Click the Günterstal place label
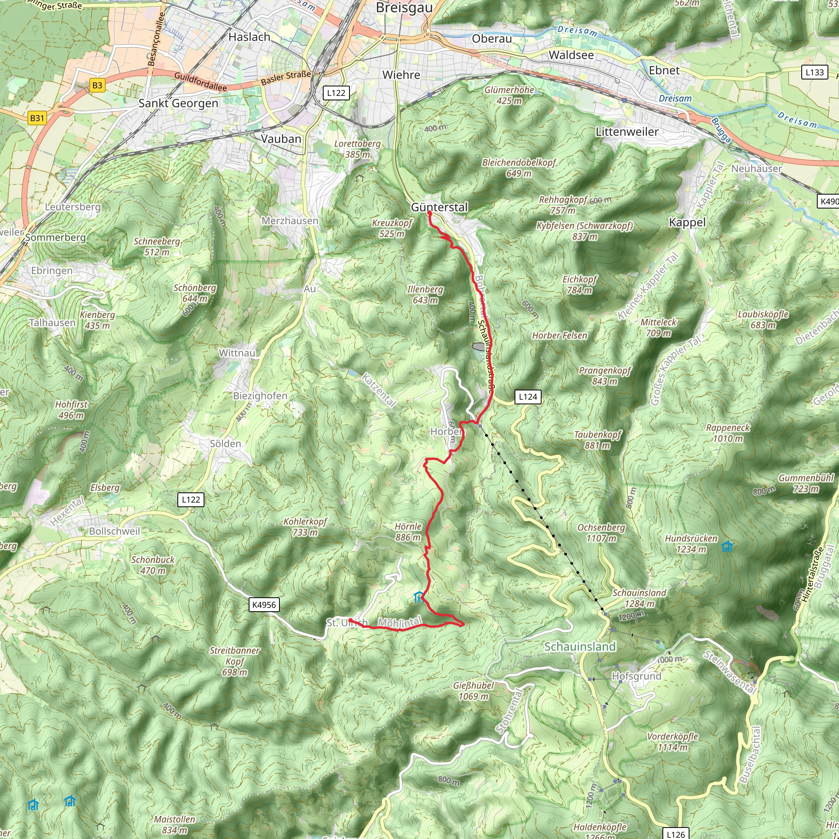coord(439,207)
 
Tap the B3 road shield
coord(97,85)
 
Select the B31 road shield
coord(37,118)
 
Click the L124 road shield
coord(528,397)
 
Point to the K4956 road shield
coord(264,605)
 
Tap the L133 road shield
coord(814,72)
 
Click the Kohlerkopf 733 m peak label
coord(305,527)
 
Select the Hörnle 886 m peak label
coord(408,531)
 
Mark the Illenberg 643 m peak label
coord(425,295)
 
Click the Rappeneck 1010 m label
coord(728,433)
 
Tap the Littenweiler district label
coord(627,132)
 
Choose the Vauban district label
coord(281,139)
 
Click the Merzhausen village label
coord(290,221)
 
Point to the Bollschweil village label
coord(115,531)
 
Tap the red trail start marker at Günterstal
coord(429,213)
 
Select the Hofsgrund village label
coord(636,676)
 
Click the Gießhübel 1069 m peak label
coord(473,690)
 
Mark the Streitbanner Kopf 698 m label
coord(235,661)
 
